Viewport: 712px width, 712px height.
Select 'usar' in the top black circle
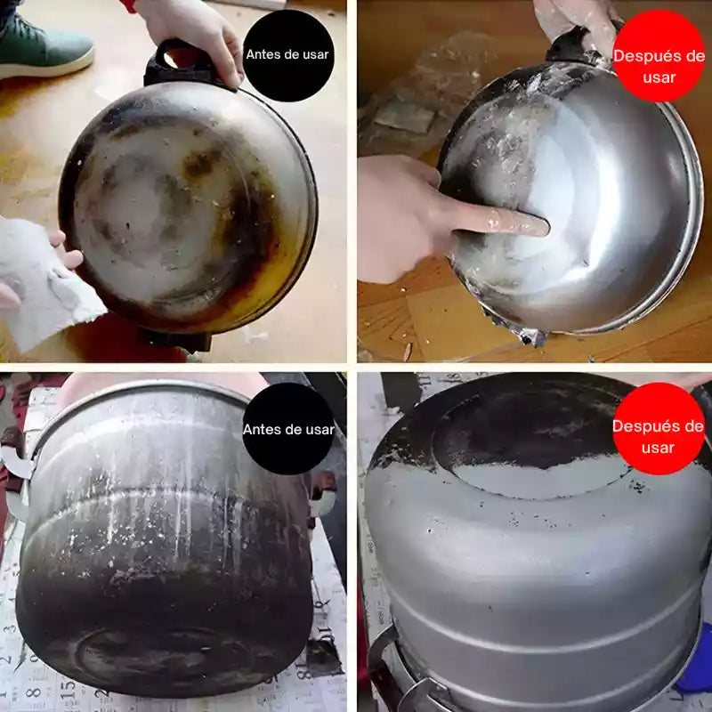click(315, 55)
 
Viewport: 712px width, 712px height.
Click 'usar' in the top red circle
click(659, 77)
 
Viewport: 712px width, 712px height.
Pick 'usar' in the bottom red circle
click(658, 449)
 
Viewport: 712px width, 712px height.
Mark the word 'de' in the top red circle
click(696, 56)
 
